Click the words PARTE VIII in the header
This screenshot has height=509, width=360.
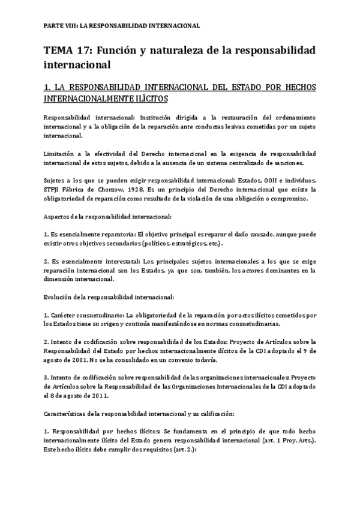click(59, 26)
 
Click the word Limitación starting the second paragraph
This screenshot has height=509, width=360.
click(62, 154)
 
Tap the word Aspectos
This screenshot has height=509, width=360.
click(60, 216)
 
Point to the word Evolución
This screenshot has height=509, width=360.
click(61, 297)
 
